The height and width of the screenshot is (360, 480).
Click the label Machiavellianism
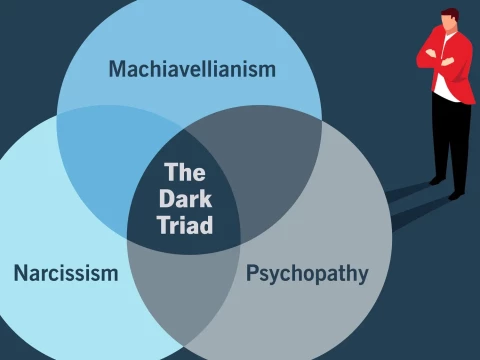tap(192, 70)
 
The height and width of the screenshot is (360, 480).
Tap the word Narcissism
tap(66, 273)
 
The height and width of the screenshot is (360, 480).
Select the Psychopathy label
tap(307, 273)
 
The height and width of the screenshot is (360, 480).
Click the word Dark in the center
tap(185, 198)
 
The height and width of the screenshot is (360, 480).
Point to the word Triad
tap(185, 225)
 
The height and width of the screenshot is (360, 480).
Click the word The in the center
tap(185, 172)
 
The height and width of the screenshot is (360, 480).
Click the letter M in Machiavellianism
tap(118, 70)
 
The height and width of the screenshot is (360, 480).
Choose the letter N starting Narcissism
tap(20, 273)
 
